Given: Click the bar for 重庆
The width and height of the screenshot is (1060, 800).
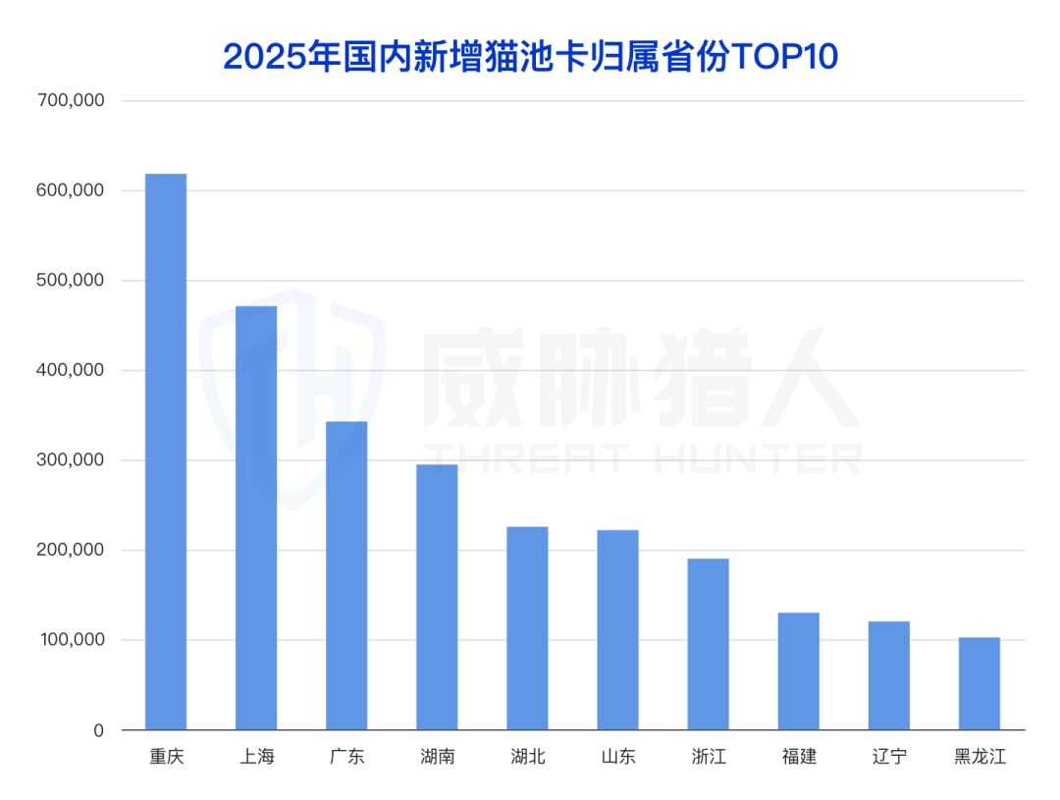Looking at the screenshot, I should tap(166, 452).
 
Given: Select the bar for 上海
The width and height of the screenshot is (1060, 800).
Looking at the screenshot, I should tap(256, 518).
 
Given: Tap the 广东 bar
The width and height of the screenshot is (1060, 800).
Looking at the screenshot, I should tap(346, 575).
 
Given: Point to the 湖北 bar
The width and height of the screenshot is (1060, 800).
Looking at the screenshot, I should tap(527, 628).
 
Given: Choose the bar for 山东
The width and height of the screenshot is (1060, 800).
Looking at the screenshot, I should tap(617, 630).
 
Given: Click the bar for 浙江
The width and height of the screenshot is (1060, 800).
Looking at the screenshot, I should tap(708, 644).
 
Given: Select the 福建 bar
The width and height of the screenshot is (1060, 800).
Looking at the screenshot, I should tap(798, 671).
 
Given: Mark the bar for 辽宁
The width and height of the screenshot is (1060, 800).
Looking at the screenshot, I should tap(888, 675).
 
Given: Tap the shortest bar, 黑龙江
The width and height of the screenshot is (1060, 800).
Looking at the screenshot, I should tap(979, 684).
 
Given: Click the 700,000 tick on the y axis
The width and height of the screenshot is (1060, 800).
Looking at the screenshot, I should tap(70, 101).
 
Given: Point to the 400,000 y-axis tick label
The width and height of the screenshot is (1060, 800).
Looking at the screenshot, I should tap(70, 371).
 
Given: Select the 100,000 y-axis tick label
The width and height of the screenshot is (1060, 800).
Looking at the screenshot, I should tap(70, 641).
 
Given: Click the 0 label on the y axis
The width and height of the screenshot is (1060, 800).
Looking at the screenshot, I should tap(99, 731).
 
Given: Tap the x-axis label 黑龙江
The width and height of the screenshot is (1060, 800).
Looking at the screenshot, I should tap(980, 758).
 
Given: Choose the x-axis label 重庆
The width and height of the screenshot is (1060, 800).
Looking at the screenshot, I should tap(166, 758).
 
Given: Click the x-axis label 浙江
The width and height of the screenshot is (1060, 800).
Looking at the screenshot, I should tap(708, 758).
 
